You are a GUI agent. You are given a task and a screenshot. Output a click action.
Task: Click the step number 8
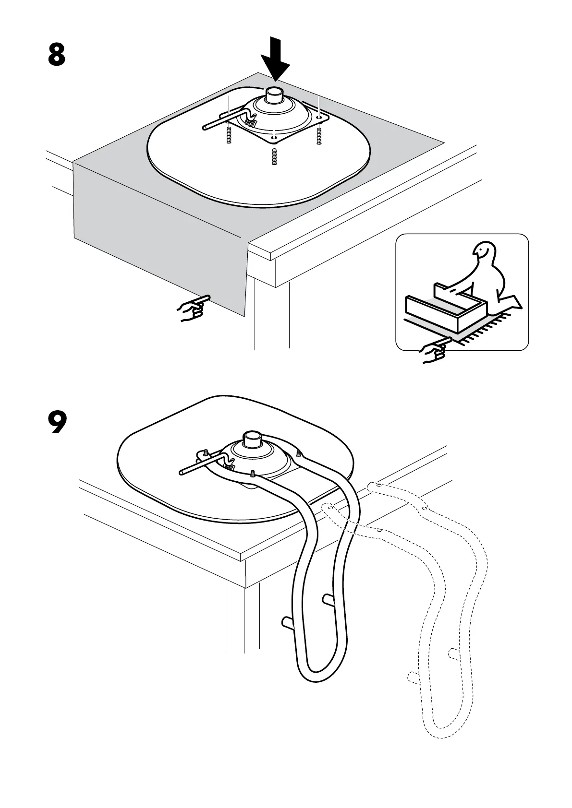[x=57, y=55]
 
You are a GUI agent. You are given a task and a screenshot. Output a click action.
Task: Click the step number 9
[x=57, y=421]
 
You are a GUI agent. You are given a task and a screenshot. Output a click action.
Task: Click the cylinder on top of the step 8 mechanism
[x=276, y=95]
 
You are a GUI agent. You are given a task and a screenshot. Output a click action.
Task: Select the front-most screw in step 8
[x=274, y=156]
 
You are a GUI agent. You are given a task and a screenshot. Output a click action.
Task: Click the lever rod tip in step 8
[x=205, y=128]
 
